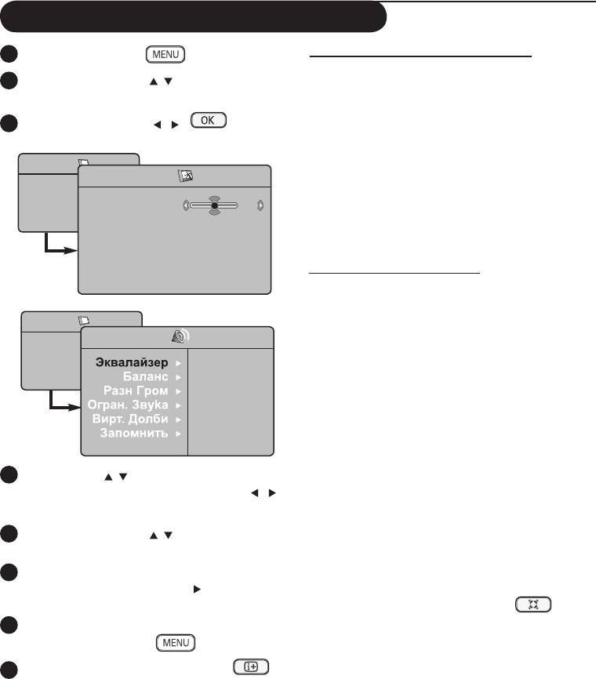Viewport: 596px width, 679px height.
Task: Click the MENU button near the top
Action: [164, 54]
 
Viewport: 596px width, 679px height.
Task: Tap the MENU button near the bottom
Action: [176, 642]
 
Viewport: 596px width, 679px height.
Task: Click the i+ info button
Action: [250, 666]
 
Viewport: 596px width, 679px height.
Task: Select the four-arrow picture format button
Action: [533, 605]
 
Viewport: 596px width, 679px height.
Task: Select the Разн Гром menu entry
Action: [136, 390]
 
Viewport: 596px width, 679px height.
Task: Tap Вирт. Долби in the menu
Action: [130, 419]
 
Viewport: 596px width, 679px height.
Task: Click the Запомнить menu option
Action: [134, 433]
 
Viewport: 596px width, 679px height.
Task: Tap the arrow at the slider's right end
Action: [260, 207]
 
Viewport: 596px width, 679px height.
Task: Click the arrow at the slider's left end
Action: [186, 207]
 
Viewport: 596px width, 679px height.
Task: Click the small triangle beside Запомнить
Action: [177, 433]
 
